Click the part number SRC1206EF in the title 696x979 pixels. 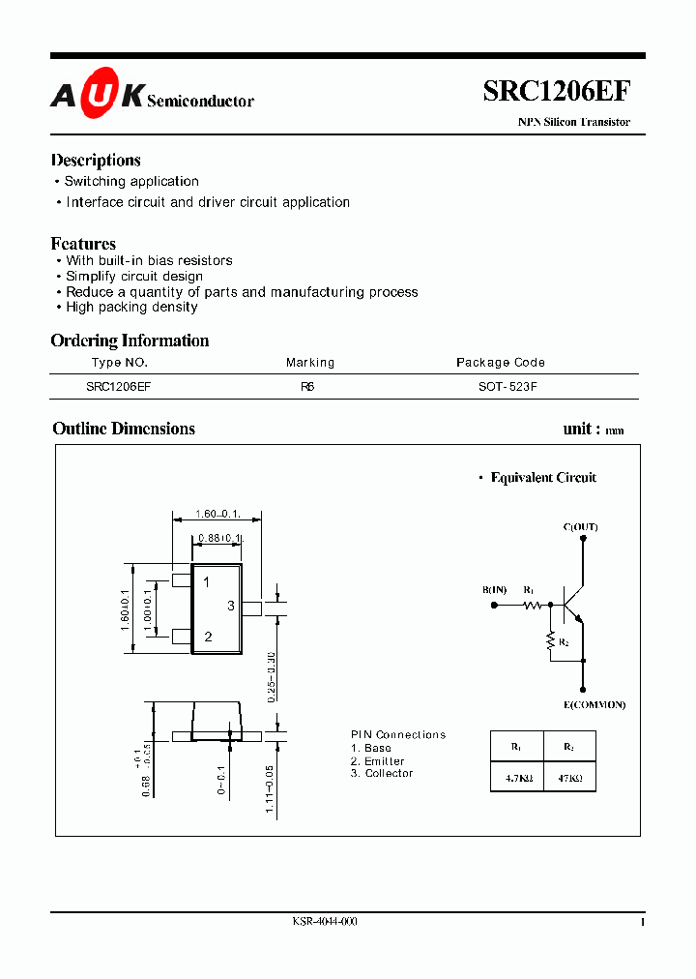coord(557,92)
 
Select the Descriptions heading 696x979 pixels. coord(96,161)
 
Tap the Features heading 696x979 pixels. coord(83,244)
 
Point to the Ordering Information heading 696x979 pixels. coord(130,341)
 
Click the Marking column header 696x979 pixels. coord(310,363)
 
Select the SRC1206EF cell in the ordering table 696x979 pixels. coord(119,385)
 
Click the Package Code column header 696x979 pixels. coord(500,363)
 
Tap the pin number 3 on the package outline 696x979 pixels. coord(231,606)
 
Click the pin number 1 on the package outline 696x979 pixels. coord(207,582)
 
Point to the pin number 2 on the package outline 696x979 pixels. coord(208,637)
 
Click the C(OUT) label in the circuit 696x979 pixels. coord(580,527)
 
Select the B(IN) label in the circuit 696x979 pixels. coord(494,590)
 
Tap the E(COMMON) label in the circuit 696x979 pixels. coord(594,705)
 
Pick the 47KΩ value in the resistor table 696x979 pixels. coord(568,777)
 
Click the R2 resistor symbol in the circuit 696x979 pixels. coord(551,639)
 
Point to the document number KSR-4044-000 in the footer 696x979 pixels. coord(325,922)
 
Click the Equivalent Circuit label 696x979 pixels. coord(543,478)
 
